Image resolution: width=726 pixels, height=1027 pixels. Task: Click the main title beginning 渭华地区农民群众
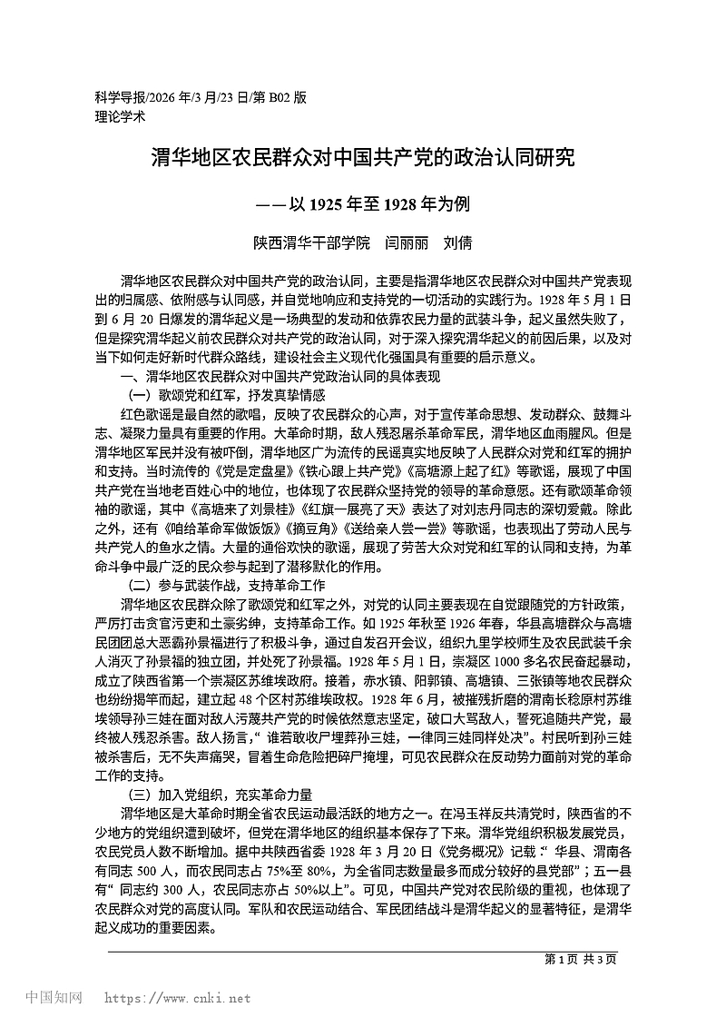[x=362, y=159]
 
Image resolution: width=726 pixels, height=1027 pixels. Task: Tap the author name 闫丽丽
[x=406, y=243]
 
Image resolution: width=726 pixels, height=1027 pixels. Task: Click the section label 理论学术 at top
[x=119, y=116]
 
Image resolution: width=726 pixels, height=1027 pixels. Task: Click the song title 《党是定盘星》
[x=240, y=472]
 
